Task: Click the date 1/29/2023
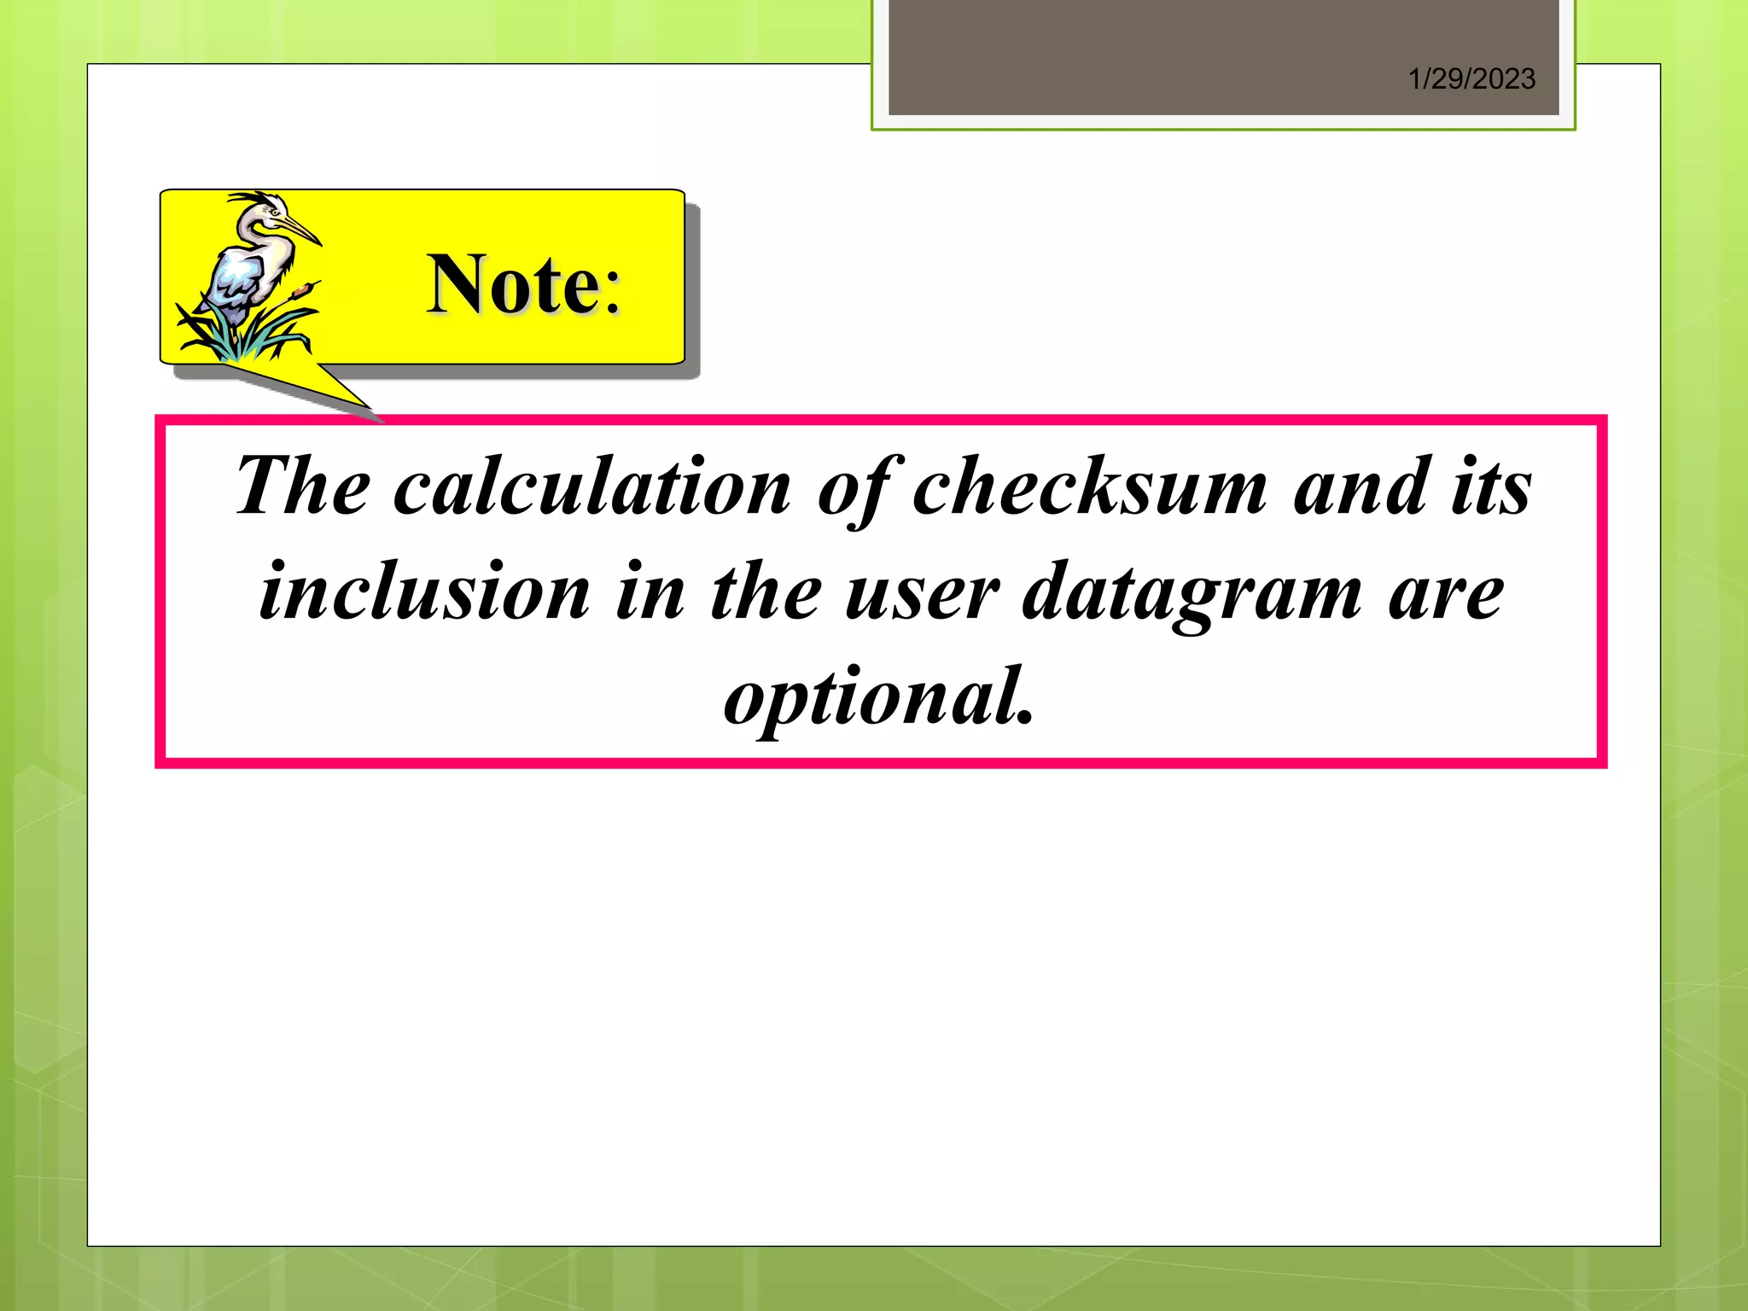point(1471,79)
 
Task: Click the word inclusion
point(424,592)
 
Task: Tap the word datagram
point(1192,592)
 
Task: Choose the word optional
point(879,698)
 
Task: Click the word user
point(922,592)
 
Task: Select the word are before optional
point(1446,592)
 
